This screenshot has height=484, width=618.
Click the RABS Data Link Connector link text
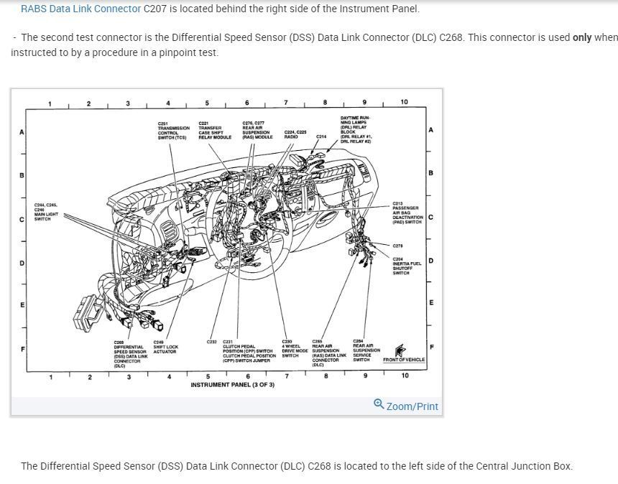pyautogui.click(x=80, y=9)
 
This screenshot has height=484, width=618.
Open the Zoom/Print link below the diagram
pyautogui.click(x=412, y=406)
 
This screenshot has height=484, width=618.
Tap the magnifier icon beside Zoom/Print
pyautogui.click(x=379, y=404)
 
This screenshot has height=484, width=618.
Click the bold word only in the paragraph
pyautogui.click(x=581, y=37)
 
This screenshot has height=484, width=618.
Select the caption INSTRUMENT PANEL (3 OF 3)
pyautogui.click(x=232, y=385)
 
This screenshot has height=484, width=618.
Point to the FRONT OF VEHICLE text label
pyautogui.click(x=403, y=360)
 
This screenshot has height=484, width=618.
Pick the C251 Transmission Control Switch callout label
pyautogui.click(x=173, y=131)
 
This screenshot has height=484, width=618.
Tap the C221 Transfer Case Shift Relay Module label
pyautogui.click(x=214, y=130)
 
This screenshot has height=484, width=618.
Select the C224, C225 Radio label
pyautogui.click(x=295, y=134)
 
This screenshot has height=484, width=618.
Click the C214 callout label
pyautogui.click(x=320, y=136)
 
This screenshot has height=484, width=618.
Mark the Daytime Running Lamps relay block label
pyautogui.click(x=356, y=130)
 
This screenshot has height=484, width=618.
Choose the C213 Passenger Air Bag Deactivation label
pyautogui.click(x=406, y=213)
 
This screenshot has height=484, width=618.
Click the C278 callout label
pyautogui.click(x=397, y=246)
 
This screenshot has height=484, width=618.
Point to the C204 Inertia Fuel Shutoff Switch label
pyautogui.click(x=406, y=266)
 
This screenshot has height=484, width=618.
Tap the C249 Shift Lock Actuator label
pyautogui.click(x=165, y=347)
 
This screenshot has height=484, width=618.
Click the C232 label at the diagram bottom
pyautogui.click(x=212, y=342)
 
